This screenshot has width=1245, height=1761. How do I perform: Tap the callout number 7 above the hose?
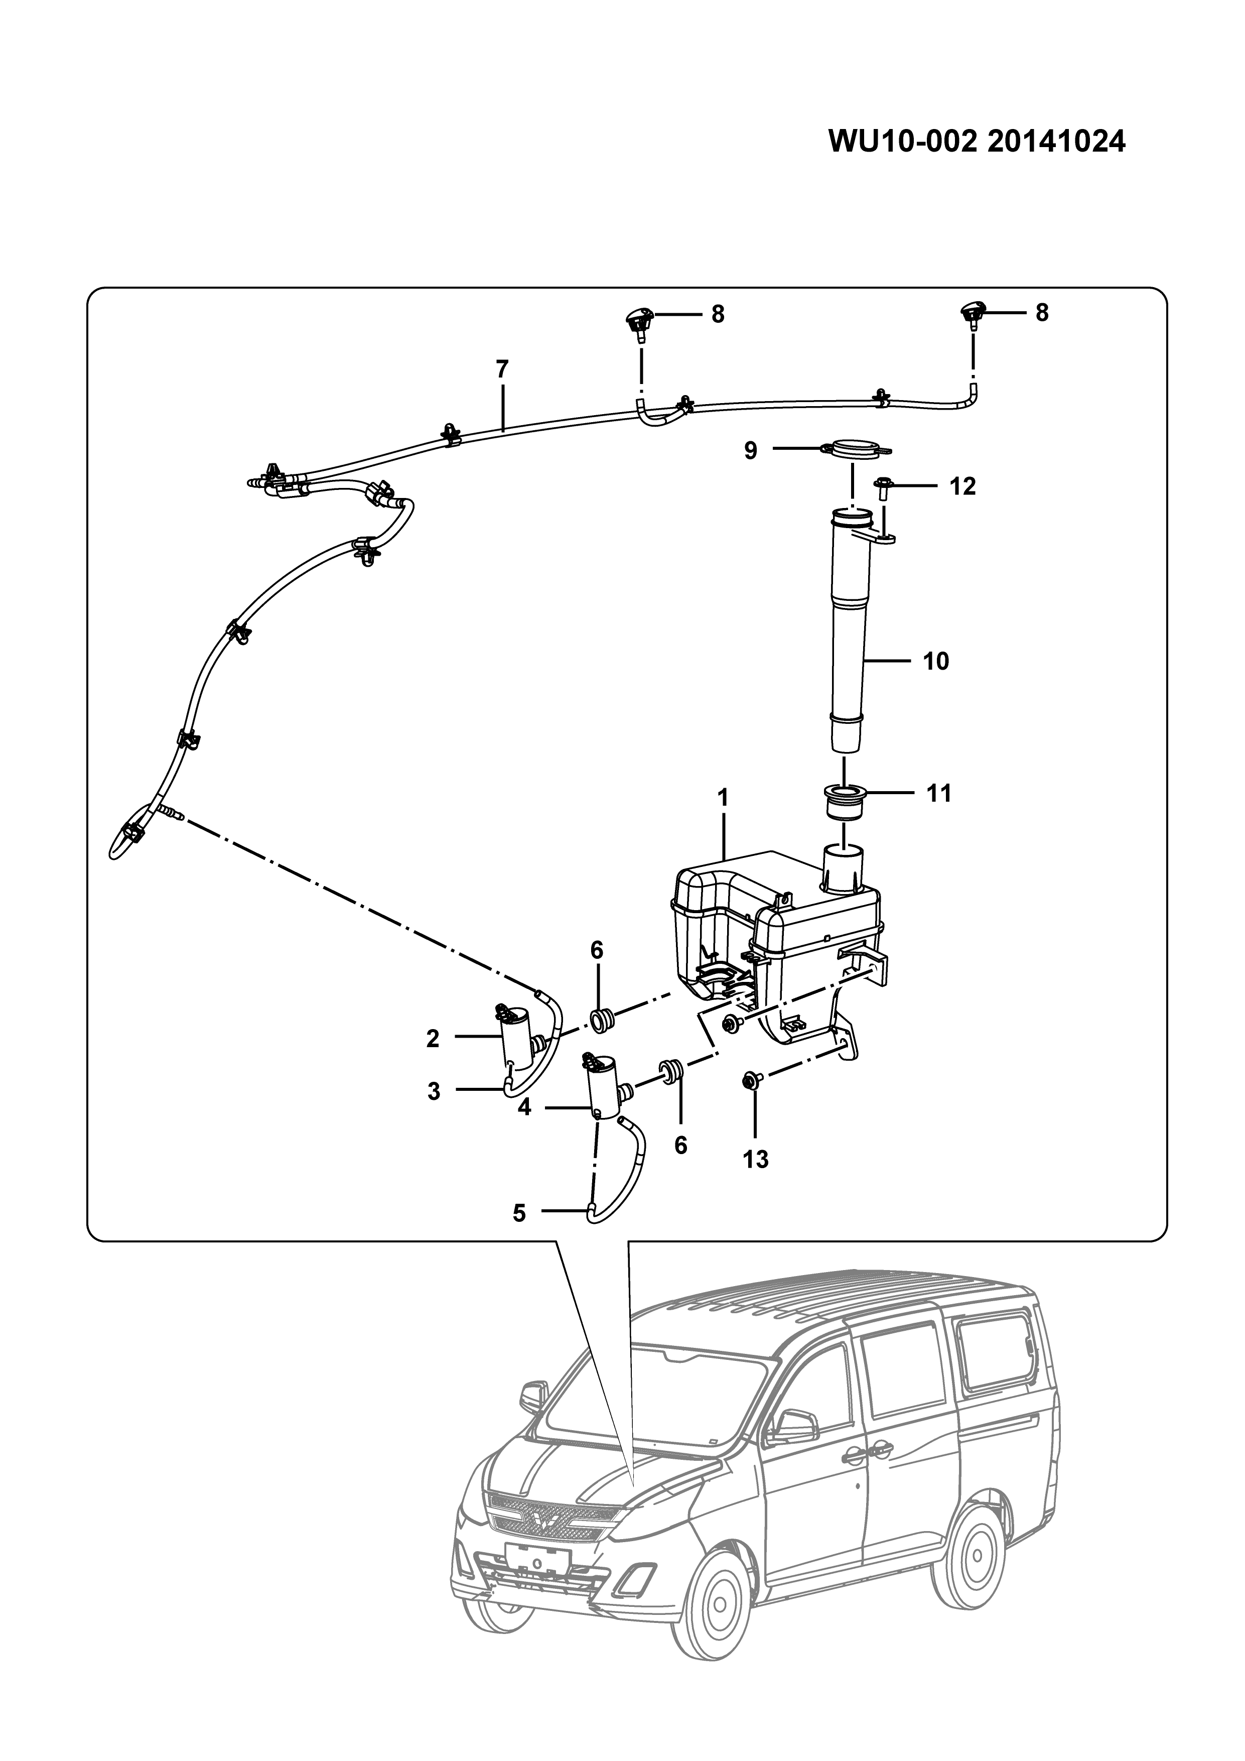click(502, 369)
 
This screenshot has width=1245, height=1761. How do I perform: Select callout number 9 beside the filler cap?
click(751, 450)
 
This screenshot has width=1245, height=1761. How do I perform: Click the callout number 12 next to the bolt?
click(963, 486)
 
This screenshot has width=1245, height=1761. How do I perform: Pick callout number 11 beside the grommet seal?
click(938, 793)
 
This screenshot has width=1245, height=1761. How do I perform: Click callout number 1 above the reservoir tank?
click(722, 799)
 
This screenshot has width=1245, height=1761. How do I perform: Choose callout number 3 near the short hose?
click(434, 1091)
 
